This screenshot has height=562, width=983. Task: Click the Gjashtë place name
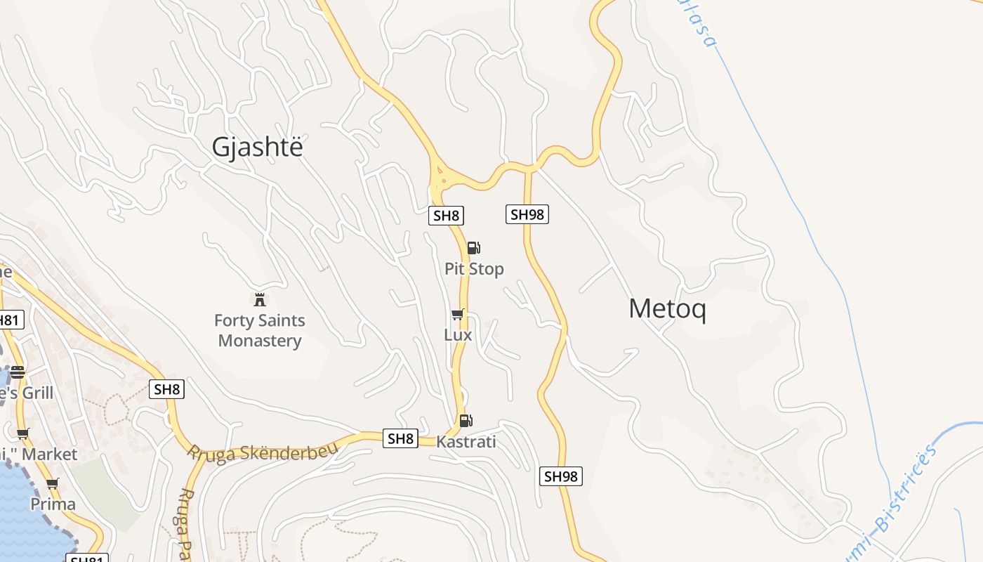258,148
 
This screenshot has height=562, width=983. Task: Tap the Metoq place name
667,309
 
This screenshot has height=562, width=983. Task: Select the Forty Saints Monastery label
260,331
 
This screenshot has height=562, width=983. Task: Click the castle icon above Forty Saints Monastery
260,300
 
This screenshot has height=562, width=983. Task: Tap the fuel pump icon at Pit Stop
474,247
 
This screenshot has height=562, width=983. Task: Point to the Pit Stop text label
474,269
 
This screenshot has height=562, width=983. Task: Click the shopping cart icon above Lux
458,314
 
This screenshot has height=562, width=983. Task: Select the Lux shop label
458,335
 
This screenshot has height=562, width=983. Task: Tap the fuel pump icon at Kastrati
466,421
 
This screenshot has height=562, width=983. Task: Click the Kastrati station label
466,442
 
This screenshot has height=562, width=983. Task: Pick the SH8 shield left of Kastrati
400,439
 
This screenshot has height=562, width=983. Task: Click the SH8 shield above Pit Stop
447,216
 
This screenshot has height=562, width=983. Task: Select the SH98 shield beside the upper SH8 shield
527,214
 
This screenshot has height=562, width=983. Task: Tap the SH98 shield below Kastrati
561,476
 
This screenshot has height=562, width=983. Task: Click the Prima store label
53,504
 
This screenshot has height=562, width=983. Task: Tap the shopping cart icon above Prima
53,483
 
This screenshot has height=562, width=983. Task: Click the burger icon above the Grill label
18,372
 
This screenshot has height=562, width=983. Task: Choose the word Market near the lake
49,455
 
